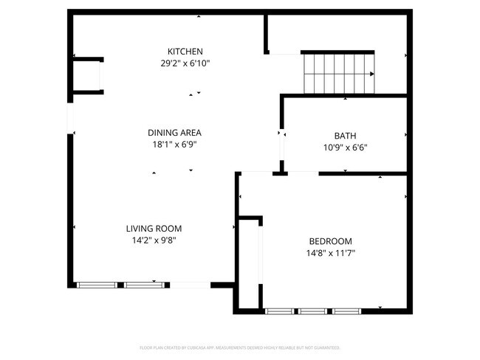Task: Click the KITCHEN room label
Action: [x=185, y=52]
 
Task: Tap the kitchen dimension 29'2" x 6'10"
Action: [x=185, y=63]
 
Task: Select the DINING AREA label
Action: [x=175, y=133]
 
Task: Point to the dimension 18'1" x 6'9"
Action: [x=175, y=145]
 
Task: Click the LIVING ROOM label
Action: [x=154, y=229]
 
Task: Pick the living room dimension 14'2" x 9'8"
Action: [x=154, y=240]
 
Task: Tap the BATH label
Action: [x=345, y=136]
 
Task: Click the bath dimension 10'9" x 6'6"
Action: [x=345, y=148]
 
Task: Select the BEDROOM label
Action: [x=330, y=241]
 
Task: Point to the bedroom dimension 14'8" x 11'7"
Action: [x=330, y=253]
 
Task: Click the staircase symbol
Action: [x=338, y=73]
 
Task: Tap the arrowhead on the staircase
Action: [x=371, y=74]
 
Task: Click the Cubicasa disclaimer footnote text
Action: [x=240, y=347]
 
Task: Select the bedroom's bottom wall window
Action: [x=313, y=311]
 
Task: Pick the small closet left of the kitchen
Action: [x=87, y=75]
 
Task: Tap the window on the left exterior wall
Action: [x=71, y=119]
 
